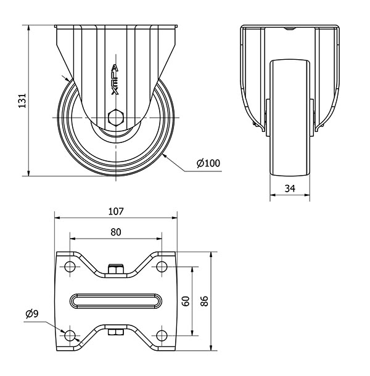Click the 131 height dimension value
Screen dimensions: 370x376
(x=22, y=100)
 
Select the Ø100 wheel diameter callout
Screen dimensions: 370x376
(x=208, y=163)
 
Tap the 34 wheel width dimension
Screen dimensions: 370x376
(x=290, y=189)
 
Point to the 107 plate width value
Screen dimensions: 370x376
(x=116, y=211)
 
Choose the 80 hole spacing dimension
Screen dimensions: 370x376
(x=116, y=232)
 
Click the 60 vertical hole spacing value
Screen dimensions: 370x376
(x=186, y=301)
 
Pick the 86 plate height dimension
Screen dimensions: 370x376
(x=204, y=301)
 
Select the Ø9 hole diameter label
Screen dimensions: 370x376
(x=32, y=314)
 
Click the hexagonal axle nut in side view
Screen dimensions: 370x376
(x=116, y=118)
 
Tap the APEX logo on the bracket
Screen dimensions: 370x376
(x=115, y=80)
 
